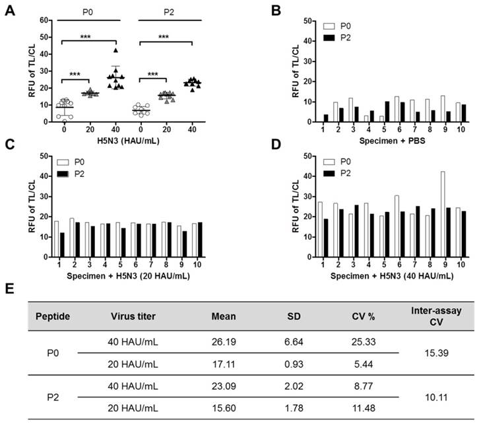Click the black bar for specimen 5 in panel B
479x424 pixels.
click(x=368, y=112)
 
